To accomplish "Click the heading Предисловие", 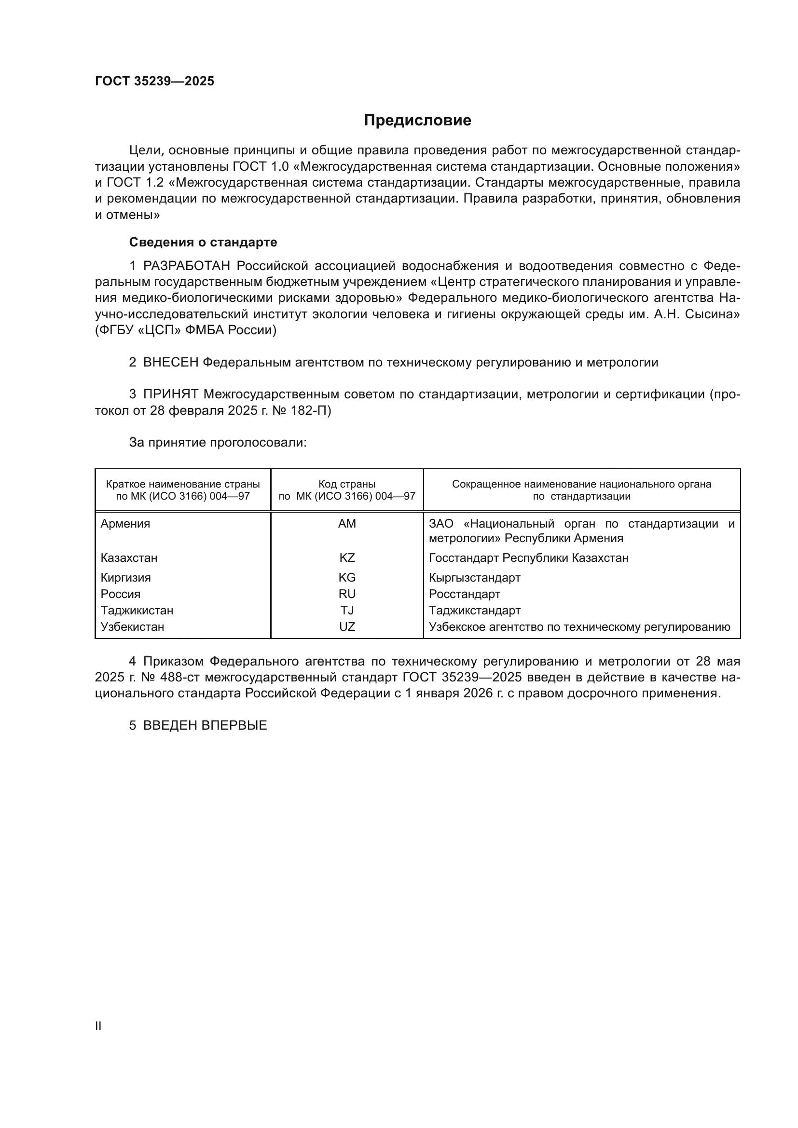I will [417, 121].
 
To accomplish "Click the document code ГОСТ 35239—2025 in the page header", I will [155, 82].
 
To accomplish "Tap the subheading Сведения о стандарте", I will [203, 242].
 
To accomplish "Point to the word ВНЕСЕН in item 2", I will [170, 363].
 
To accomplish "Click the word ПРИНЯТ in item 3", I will [170, 394].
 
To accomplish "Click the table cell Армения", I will [125, 524].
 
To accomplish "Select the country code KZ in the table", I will [347, 558].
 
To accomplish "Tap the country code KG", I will [347, 578].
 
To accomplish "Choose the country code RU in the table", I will [347, 594].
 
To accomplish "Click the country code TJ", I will [347, 611].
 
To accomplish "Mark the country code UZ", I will [347, 627].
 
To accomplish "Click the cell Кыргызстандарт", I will [474, 578].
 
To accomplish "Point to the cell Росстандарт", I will [464, 594].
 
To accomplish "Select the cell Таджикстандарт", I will [475, 611].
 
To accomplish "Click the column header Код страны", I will [347, 484].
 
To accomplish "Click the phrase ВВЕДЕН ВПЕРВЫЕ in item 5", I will [205, 726].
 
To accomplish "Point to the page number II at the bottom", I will [98, 1026].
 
